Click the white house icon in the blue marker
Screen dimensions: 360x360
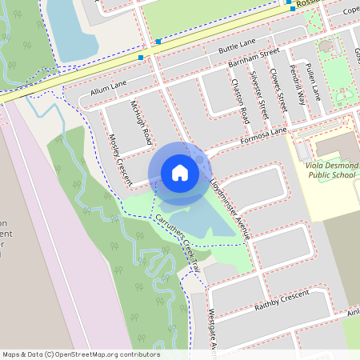pos(179,172)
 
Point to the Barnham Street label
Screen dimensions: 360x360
pos(253,58)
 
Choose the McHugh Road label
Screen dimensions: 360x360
pos(141,122)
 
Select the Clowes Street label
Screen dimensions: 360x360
pos(279,90)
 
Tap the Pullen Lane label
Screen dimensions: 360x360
pos(314,82)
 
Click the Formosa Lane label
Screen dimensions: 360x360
pos(262,138)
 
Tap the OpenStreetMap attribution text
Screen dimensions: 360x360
pos(81,354)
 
